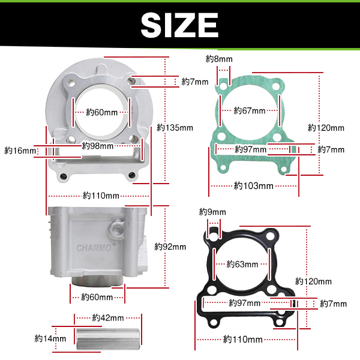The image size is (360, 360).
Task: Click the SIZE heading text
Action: click(179, 25)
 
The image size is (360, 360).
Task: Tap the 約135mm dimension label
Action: click(175, 128)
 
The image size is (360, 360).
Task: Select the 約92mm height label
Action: click(170, 247)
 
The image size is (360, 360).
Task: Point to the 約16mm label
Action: click(20, 151)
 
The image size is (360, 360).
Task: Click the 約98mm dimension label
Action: click(98, 146)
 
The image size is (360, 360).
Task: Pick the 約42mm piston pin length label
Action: click(108, 318)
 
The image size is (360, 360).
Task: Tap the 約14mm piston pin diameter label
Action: click(50, 338)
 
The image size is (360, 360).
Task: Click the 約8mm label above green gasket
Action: click(219, 59)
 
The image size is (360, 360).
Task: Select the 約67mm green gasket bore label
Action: click(250, 110)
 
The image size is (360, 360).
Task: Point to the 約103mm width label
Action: click(254, 185)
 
